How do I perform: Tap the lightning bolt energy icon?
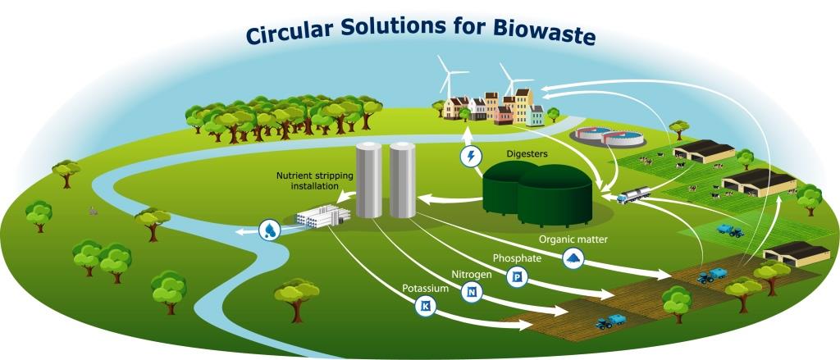[470, 157]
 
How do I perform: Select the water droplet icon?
[269, 230]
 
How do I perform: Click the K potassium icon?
[426, 307]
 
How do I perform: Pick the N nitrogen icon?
[472, 292]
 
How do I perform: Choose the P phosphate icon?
[517, 277]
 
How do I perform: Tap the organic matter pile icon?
[573, 259]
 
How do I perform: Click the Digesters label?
[527, 154]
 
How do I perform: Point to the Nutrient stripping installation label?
[307, 180]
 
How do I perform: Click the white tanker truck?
[634, 194]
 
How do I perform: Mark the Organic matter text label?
[573, 239]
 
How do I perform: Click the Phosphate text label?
[518, 258]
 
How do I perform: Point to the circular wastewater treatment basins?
[607, 136]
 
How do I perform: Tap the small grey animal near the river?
[94, 211]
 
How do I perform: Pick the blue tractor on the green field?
[730, 230]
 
